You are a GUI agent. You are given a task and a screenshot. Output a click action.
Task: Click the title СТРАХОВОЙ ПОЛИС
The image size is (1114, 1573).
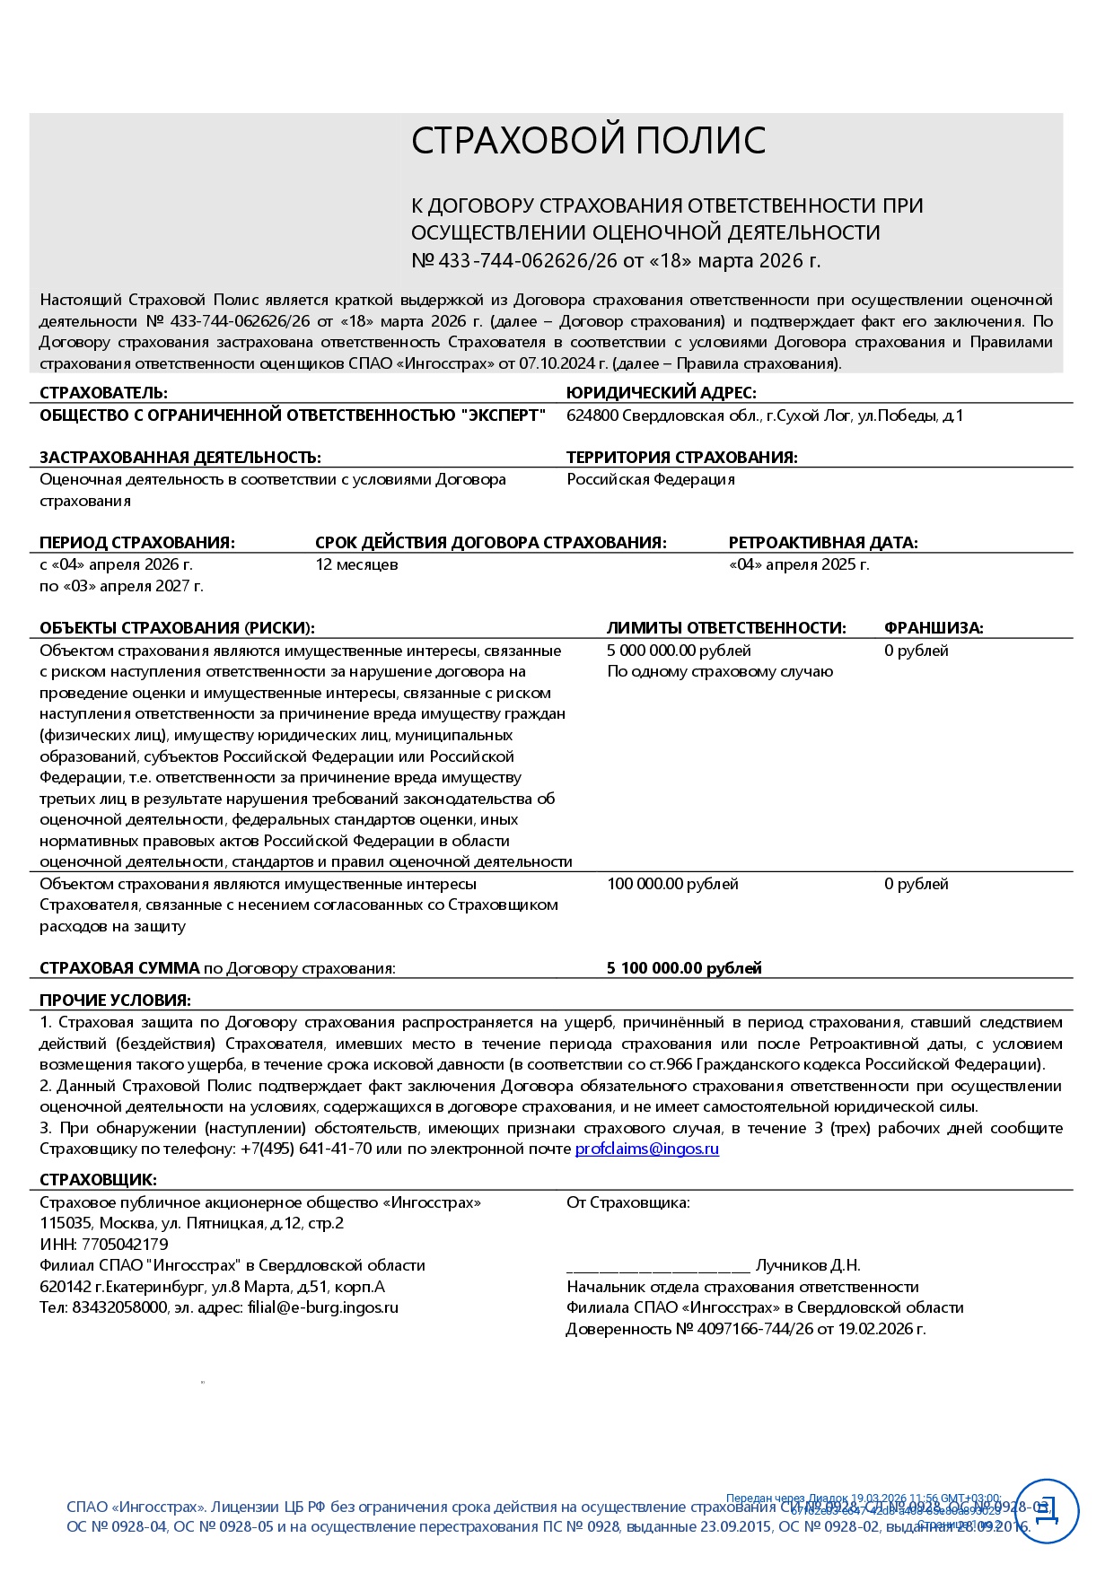(x=588, y=141)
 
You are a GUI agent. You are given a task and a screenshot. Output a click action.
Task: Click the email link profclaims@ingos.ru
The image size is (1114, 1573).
(x=646, y=1149)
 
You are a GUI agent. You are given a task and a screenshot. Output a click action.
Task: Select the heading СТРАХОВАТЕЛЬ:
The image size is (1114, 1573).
(x=103, y=393)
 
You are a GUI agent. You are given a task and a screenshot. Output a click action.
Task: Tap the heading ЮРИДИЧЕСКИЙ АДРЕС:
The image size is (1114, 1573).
(x=661, y=393)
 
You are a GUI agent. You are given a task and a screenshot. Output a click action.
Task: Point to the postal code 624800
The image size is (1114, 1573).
(x=592, y=416)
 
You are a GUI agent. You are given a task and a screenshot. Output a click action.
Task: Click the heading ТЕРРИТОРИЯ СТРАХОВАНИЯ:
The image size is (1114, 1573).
(x=681, y=458)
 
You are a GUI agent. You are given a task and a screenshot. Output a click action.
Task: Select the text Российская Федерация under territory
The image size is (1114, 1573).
(x=650, y=480)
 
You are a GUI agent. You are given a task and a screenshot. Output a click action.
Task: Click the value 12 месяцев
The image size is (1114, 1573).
(x=356, y=565)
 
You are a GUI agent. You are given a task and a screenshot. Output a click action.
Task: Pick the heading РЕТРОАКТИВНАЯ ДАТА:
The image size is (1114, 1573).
(x=822, y=543)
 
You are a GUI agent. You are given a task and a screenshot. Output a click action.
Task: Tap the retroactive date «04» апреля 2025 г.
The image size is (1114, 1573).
(x=798, y=565)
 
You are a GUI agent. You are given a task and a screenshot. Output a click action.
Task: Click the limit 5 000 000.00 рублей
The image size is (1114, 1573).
(x=679, y=651)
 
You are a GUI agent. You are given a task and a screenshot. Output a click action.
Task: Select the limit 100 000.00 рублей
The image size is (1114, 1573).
(x=672, y=885)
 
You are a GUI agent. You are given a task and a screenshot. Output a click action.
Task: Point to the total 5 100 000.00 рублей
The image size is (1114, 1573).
(x=684, y=968)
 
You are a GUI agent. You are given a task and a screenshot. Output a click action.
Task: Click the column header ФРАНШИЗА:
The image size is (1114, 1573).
(x=933, y=628)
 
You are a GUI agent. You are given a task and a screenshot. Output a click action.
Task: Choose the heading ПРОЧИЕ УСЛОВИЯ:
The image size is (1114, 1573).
(x=115, y=1001)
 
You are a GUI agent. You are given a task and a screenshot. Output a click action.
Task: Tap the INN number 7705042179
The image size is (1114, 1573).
(x=125, y=1245)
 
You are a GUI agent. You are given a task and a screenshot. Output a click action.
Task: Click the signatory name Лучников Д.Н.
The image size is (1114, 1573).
(x=807, y=1266)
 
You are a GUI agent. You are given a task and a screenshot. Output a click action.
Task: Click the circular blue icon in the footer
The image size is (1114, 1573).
(x=1046, y=1511)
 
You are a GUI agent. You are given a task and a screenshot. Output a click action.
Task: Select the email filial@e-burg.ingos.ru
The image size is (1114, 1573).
(x=322, y=1308)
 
